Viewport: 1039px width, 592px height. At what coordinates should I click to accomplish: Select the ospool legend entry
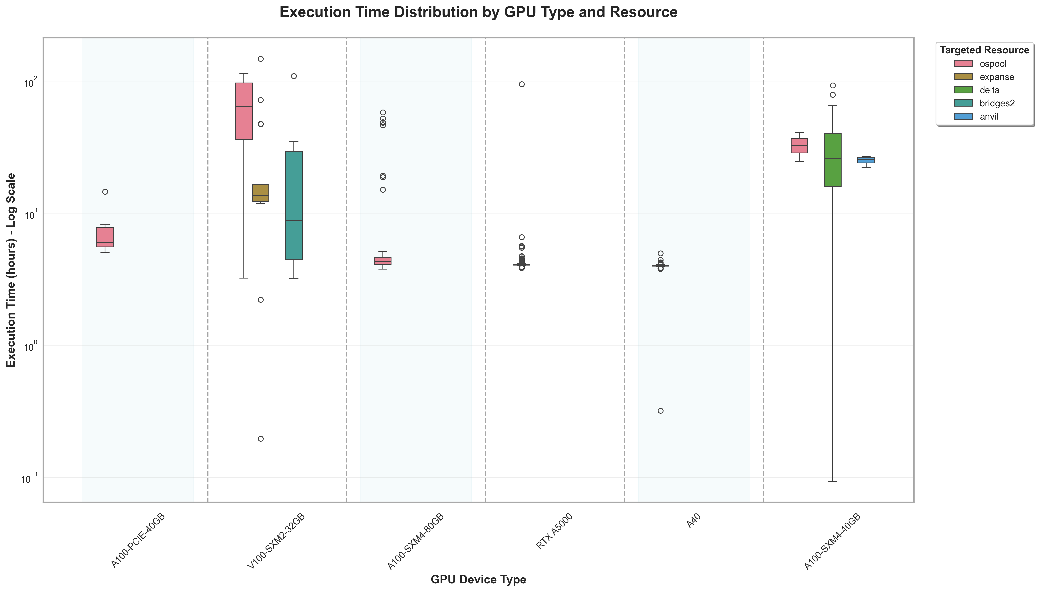[993, 64]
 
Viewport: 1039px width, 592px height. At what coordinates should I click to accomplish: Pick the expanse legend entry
[997, 77]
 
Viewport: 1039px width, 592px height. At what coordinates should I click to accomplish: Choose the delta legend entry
[989, 90]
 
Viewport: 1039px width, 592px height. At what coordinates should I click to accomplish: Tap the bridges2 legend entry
[997, 103]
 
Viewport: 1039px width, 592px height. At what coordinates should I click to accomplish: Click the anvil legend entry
[989, 117]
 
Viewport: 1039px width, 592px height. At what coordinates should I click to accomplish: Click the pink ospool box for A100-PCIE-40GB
[105, 237]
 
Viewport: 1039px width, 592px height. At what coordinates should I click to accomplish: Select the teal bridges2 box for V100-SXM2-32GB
[294, 205]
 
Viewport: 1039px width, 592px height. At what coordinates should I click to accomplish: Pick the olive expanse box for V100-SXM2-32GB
[260, 193]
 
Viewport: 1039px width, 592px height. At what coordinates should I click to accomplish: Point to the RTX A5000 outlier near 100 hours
[522, 84]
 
